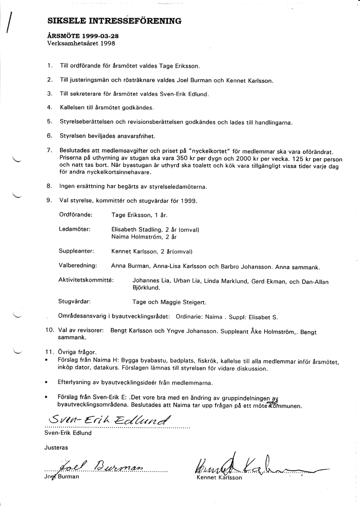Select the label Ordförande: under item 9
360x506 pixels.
76,213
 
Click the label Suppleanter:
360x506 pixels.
76,252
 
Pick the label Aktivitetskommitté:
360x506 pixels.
86,280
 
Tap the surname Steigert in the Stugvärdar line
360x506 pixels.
193,302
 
